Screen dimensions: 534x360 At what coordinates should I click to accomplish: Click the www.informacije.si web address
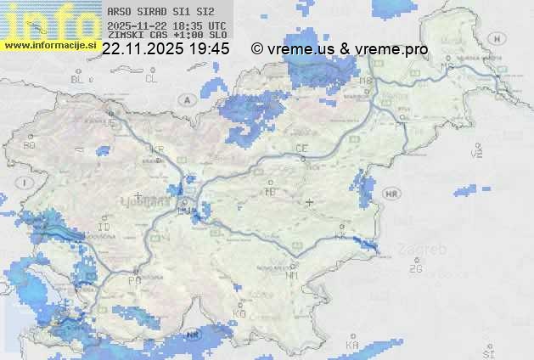[x=50, y=45]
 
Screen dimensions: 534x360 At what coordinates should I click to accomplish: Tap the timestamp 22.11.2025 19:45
[x=166, y=49]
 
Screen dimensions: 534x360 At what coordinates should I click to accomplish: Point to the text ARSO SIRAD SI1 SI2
[x=155, y=12]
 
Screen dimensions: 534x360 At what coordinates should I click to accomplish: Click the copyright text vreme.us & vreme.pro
[x=340, y=49]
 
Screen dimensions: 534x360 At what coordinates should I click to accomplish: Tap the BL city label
[x=78, y=79]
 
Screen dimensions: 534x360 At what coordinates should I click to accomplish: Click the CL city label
[x=151, y=79]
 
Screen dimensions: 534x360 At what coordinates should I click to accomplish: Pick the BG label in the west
[x=30, y=145]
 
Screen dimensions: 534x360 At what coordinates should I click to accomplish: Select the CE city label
[x=301, y=149]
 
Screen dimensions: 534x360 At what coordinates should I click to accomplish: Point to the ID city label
[x=104, y=228]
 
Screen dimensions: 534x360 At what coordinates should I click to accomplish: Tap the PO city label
[x=133, y=279]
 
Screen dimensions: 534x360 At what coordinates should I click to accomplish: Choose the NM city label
[x=292, y=275]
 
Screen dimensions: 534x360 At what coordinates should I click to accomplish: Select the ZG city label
[x=415, y=269]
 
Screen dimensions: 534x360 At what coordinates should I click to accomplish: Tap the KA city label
[x=352, y=345]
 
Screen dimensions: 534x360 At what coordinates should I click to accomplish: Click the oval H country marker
[x=500, y=39]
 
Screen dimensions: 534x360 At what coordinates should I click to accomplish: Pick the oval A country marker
[x=186, y=99]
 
